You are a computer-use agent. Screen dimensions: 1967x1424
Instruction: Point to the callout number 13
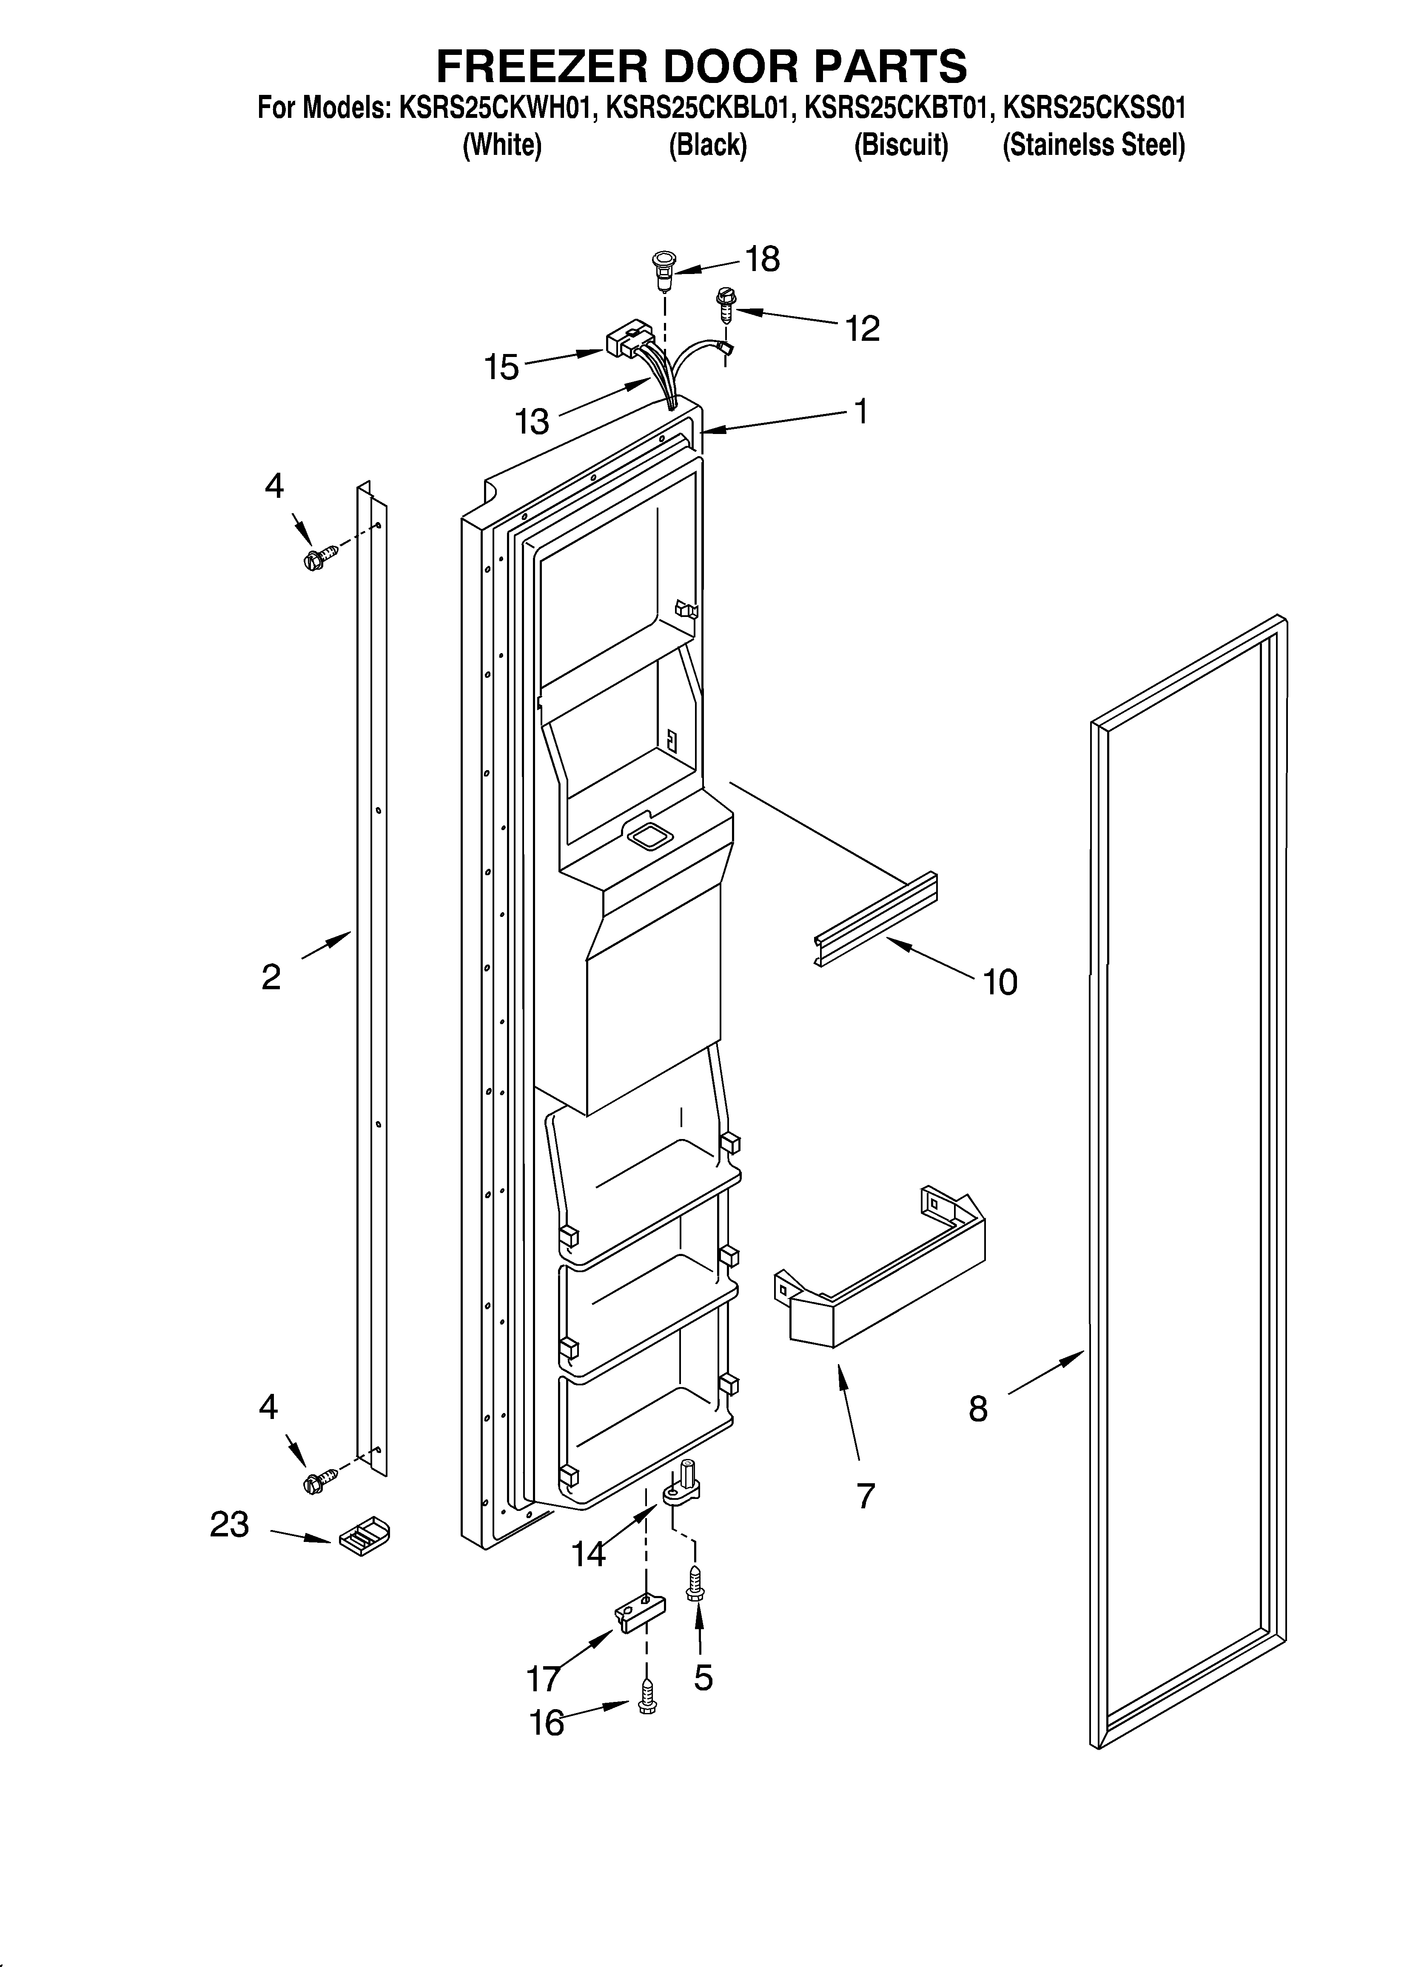(x=532, y=422)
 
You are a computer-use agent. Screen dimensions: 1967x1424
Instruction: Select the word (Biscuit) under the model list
(x=901, y=145)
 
